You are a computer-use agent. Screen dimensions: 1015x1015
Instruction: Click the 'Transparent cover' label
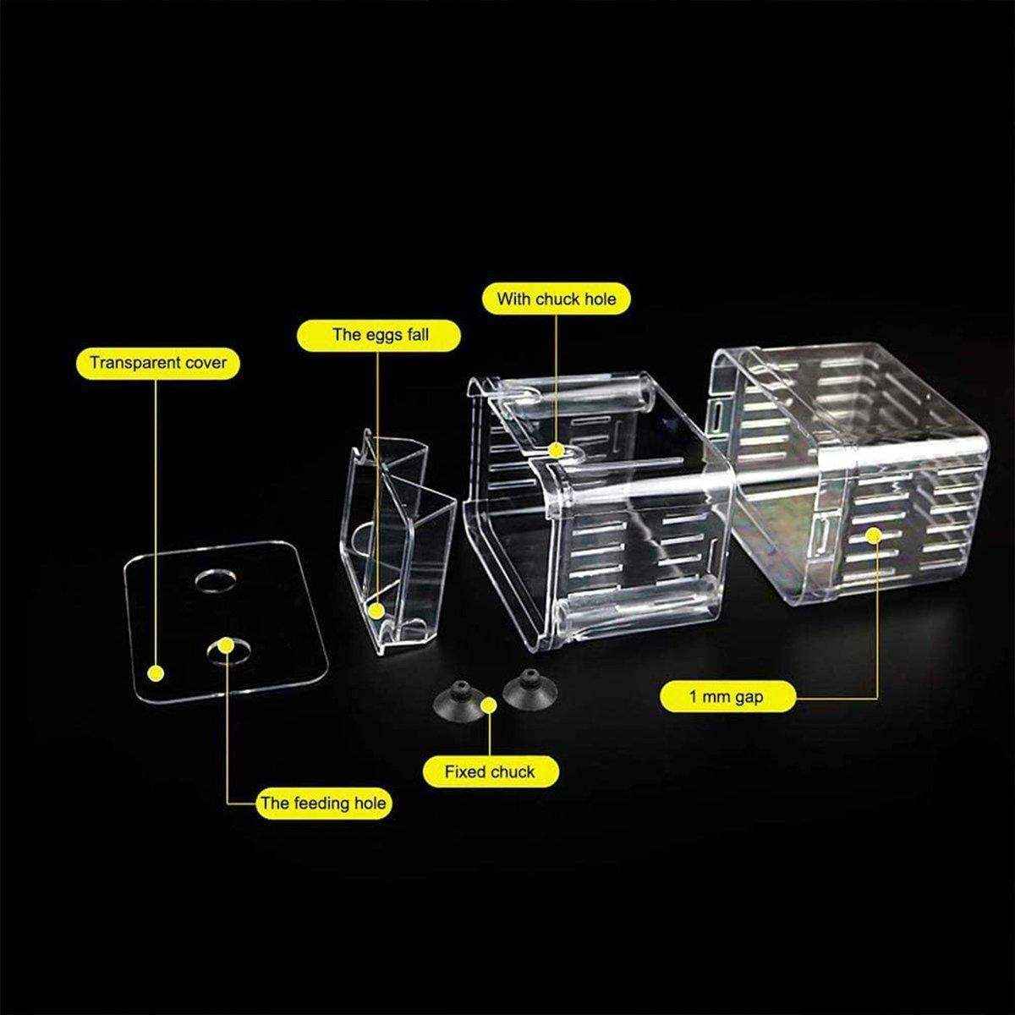(158, 364)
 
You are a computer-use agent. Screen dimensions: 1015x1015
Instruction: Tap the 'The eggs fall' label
(380, 334)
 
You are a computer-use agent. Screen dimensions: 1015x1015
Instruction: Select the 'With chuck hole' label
(556, 299)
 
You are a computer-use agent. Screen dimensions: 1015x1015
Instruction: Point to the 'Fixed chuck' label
(490, 771)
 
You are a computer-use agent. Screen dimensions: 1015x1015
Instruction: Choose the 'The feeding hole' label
(324, 803)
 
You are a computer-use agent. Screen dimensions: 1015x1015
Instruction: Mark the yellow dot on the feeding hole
(226, 645)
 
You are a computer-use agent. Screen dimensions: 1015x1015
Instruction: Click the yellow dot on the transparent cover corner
(155, 673)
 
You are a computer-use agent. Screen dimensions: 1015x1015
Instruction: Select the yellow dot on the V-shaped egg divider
(377, 608)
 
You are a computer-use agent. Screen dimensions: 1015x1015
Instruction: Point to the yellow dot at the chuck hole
(556, 451)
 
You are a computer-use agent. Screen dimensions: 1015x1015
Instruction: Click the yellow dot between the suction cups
(488, 705)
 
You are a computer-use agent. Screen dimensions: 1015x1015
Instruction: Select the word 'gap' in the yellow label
(747, 698)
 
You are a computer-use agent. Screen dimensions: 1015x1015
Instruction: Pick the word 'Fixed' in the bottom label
(466, 771)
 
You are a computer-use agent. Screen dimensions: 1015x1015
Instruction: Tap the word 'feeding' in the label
(318, 803)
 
